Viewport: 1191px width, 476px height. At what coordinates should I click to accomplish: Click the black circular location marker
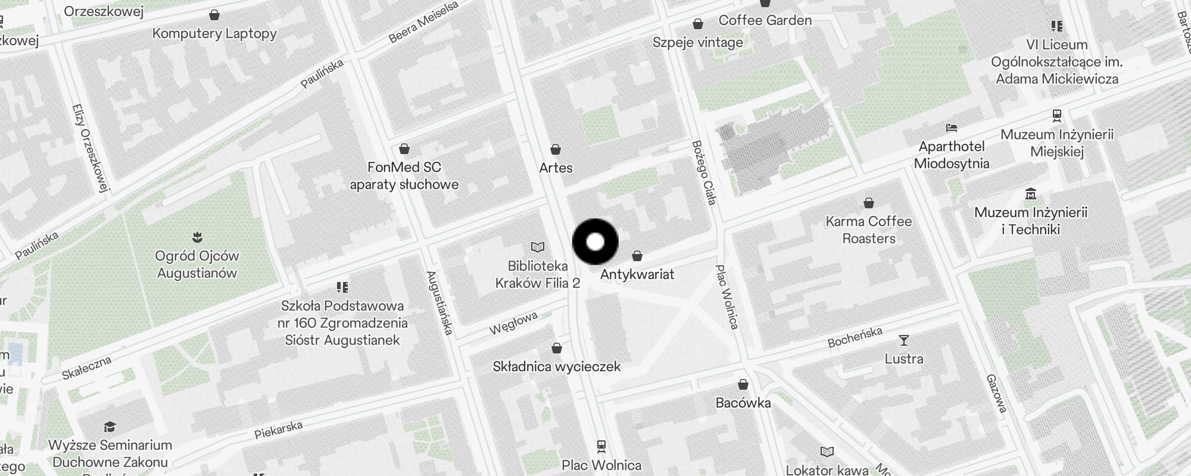click(595, 242)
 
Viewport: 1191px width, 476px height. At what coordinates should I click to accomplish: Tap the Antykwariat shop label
click(637, 274)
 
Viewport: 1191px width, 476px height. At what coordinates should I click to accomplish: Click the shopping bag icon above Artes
click(556, 149)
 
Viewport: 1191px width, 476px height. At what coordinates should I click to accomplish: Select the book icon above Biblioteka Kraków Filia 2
click(538, 247)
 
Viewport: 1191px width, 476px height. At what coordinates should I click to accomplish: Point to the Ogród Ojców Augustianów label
click(197, 265)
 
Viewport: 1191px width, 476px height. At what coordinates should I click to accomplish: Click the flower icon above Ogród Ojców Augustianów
click(197, 238)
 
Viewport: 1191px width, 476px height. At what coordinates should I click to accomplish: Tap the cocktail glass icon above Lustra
click(904, 340)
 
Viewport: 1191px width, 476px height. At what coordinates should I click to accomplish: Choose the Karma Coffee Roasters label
click(869, 230)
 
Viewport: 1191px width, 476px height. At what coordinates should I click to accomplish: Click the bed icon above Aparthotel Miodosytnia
click(951, 128)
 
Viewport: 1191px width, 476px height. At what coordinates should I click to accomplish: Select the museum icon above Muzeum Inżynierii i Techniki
click(1031, 193)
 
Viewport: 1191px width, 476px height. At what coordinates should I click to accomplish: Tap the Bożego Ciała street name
click(703, 173)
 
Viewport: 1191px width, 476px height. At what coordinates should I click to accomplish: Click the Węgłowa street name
click(513, 322)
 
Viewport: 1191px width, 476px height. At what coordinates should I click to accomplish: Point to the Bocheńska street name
click(855, 337)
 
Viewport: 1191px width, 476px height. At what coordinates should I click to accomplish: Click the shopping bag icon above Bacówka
click(743, 384)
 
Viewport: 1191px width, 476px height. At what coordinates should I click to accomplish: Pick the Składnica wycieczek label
click(557, 367)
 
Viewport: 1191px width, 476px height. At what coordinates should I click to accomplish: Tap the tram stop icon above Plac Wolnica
click(601, 446)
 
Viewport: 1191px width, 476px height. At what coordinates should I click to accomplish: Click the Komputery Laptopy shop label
click(214, 33)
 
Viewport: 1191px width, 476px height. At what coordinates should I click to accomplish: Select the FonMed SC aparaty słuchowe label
click(404, 176)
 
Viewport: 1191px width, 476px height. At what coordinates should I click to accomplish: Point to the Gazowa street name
click(996, 393)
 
